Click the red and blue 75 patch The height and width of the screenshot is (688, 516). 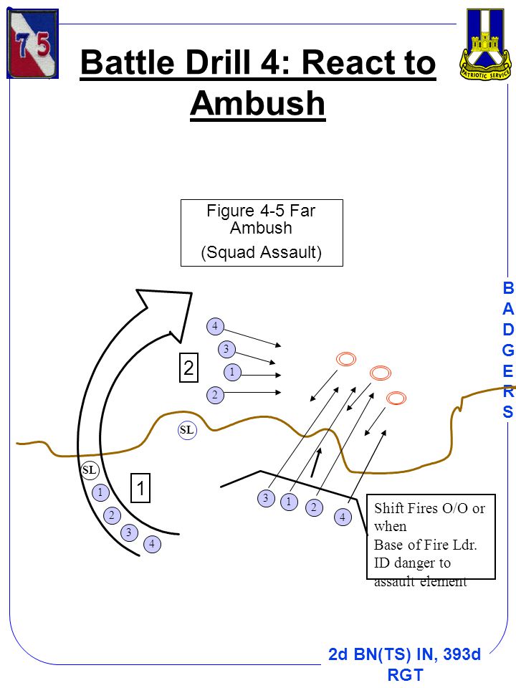32,44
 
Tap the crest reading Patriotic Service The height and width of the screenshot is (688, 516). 485,44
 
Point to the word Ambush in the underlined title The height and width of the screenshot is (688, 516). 258,103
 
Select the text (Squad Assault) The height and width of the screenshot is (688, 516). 262,252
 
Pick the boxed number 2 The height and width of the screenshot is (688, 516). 188,367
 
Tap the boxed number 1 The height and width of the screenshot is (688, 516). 141,488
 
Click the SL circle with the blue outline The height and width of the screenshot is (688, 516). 187,430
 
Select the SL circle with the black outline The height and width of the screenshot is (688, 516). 89,470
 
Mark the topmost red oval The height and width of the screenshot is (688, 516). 346,359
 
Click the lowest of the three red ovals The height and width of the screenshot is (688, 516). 396,398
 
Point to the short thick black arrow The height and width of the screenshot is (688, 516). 316,462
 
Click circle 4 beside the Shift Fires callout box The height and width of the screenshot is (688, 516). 343,517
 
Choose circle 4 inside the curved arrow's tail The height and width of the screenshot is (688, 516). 152,544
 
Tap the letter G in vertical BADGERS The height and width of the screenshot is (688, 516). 507,350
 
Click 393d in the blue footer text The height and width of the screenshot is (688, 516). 462,654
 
